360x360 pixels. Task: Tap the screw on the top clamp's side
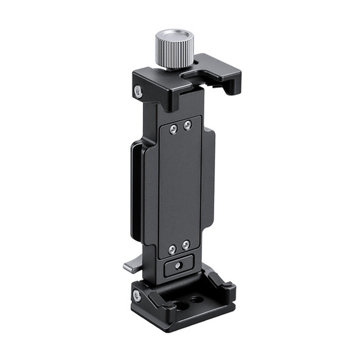pos(138,90)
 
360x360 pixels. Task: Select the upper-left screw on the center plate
pos(174,128)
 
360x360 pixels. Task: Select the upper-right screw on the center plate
pos(187,124)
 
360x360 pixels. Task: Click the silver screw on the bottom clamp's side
pos(137,296)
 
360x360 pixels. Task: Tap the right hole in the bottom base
pos(196,299)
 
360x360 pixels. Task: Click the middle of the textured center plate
pos(180,186)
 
